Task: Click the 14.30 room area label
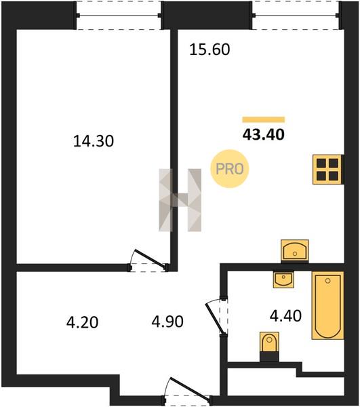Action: (94, 142)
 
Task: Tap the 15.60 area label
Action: (209, 50)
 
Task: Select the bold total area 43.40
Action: (264, 134)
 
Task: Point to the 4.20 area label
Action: (82, 322)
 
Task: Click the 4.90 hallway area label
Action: (167, 322)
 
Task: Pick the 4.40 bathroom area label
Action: (286, 316)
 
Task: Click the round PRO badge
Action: (230, 169)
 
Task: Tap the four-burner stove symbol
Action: (327, 170)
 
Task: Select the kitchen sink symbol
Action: (295, 250)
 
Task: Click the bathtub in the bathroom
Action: (328, 305)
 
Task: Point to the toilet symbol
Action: (269, 347)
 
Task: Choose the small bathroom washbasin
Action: (283, 279)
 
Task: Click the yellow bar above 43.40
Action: (264, 119)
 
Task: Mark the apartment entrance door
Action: (188, 389)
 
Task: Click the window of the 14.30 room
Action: (119, 16)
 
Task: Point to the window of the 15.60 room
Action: (296, 16)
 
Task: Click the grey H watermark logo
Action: (180, 200)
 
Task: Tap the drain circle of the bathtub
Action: (328, 281)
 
